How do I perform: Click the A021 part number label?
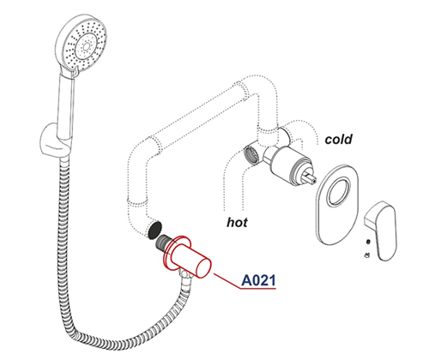(258, 280)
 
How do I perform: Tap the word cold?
(338, 139)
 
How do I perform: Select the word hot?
(237, 222)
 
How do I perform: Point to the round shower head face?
(85, 47)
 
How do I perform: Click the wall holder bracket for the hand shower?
(54, 140)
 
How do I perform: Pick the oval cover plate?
(337, 204)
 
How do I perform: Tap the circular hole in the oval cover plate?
(339, 191)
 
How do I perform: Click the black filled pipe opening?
(154, 230)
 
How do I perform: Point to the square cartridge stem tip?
(311, 177)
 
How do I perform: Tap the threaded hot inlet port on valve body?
(251, 155)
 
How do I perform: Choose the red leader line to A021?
(227, 280)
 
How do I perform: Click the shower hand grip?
(66, 105)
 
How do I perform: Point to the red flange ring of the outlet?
(175, 251)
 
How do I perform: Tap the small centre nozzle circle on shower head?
(86, 46)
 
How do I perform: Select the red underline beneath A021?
(258, 289)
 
